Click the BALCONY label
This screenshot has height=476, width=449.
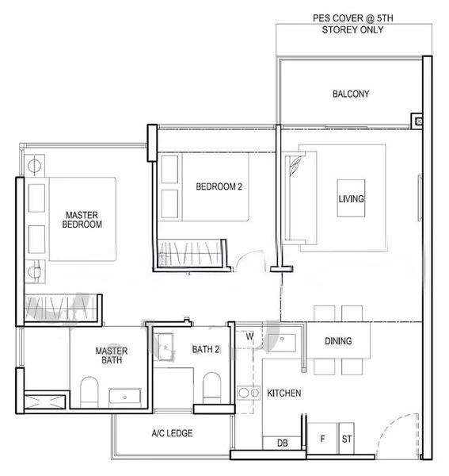(350, 94)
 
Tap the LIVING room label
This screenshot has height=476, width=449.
(351, 198)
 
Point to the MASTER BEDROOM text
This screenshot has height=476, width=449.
(82, 220)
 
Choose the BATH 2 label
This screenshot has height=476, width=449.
(205, 349)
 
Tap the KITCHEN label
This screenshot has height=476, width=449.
(283, 393)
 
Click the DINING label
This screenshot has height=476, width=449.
(338, 341)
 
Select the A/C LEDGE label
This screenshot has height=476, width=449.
(172, 433)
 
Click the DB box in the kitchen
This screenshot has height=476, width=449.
(282, 443)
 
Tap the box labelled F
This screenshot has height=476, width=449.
(322, 438)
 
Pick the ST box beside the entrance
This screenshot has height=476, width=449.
(346, 438)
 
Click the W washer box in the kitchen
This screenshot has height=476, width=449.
(249, 336)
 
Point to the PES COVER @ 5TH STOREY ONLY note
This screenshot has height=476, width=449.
(349, 25)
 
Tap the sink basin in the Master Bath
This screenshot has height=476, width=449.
(124, 396)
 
